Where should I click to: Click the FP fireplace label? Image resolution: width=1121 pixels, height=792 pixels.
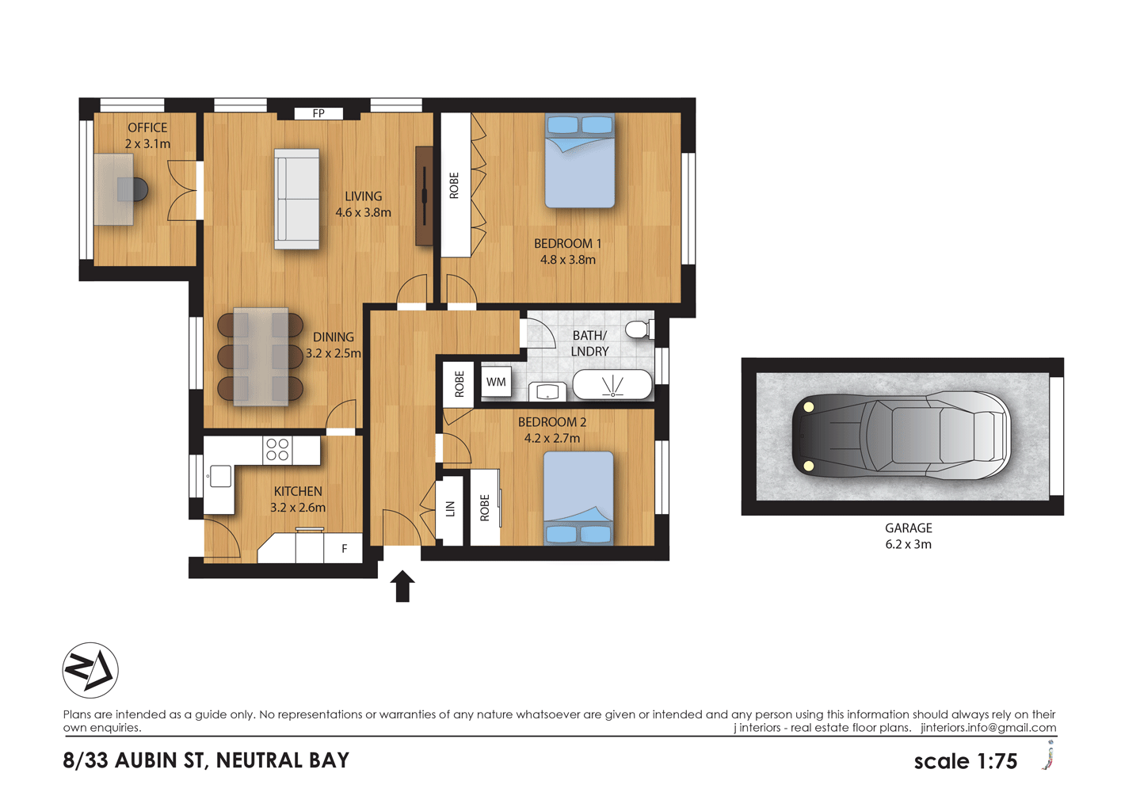tap(318, 113)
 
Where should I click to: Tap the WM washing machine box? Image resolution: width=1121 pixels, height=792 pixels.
tap(496, 382)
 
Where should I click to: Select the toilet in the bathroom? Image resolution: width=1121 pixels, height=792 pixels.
tap(639, 329)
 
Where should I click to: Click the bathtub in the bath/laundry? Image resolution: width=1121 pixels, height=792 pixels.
tap(612, 385)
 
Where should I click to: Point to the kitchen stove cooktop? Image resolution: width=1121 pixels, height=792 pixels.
tap(277, 450)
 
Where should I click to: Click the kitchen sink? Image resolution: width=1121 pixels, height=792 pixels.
tap(220, 476)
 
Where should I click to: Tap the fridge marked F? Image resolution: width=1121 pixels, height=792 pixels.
tap(345, 548)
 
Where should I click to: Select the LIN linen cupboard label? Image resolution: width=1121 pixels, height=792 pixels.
tap(450, 509)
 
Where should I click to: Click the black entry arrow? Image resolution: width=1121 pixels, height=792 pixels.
tap(402, 586)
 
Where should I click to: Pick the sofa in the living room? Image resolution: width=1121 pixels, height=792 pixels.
tap(297, 199)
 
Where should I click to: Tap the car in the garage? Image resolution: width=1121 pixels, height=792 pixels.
tap(901, 436)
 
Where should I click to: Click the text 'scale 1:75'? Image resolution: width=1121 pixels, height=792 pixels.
tap(965, 761)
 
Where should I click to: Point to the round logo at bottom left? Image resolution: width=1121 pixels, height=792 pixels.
tap(90, 670)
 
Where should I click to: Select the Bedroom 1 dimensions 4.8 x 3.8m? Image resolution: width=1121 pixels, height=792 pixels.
tap(567, 260)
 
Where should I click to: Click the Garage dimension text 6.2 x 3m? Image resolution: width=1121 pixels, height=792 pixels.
tap(908, 545)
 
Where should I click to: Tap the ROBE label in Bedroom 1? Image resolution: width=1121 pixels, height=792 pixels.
tap(454, 185)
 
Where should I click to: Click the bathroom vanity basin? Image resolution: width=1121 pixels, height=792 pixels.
tap(547, 391)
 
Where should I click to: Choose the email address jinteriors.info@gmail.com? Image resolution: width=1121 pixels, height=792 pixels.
tap(988, 728)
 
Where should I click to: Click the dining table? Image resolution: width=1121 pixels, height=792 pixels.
tap(261, 356)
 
